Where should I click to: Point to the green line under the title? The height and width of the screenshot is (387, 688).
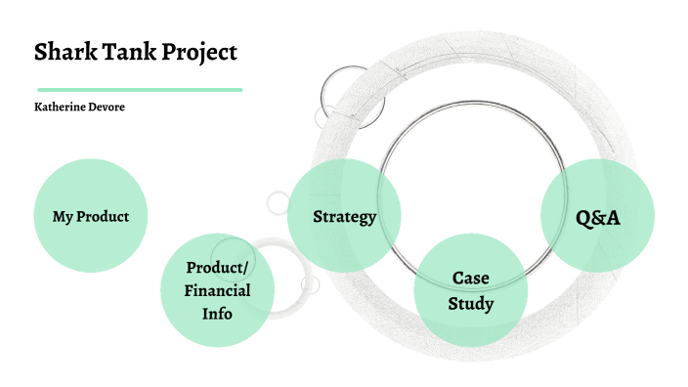[x=138, y=89]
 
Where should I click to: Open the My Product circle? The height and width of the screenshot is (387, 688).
[x=91, y=216]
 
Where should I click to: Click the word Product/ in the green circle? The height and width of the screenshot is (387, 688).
[x=218, y=268]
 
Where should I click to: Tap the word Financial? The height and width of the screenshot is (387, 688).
[x=218, y=290]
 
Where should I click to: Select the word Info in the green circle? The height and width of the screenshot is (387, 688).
[x=218, y=314]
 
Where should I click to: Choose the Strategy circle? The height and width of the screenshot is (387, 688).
[x=344, y=216]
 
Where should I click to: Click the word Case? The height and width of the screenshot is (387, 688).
[x=471, y=279]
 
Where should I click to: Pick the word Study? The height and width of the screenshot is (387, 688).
[x=471, y=303]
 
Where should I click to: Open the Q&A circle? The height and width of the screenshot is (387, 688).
[x=596, y=216]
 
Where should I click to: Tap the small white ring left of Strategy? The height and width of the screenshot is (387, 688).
[x=278, y=203]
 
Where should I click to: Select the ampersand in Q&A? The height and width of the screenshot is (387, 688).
[x=596, y=216]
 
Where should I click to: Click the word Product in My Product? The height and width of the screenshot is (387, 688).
[x=103, y=216]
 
